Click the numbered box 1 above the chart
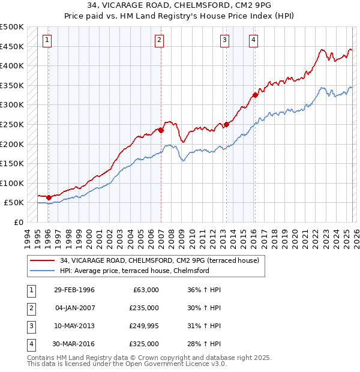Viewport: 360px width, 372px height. coord(47,40)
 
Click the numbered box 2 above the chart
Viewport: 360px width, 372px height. coord(160,40)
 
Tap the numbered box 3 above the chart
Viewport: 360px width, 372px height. coord(224,40)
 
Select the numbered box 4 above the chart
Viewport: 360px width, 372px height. coord(254,40)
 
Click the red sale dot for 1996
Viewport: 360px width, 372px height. coord(49,197)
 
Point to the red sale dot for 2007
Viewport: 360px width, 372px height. coord(161,130)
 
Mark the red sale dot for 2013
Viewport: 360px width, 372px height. coord(226,124)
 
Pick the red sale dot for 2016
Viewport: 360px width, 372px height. coord(256,94)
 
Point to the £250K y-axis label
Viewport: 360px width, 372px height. coord(12,125)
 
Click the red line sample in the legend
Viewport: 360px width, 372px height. coord(43,260)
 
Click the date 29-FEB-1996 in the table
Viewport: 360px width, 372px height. coord(74,290)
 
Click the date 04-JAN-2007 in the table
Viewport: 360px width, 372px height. coord(74,308)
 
